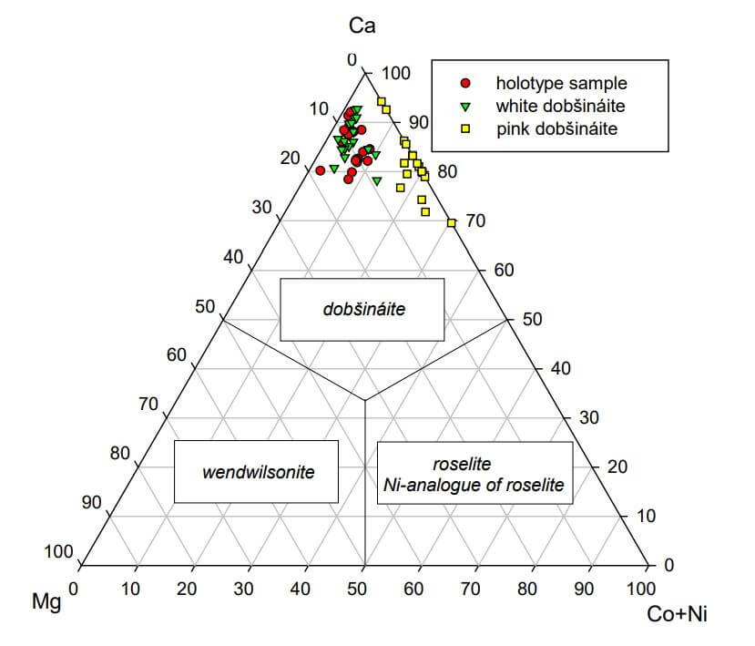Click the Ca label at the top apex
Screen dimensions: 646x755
[x=362, y=26]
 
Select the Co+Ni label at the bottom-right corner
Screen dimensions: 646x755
[x=677, y=613]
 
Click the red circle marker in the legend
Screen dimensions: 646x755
[x=465, y=83]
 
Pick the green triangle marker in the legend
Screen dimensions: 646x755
[x=465, y=106]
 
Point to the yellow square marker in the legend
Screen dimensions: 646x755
[x=465, y=129]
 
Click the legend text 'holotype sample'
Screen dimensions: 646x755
[x=561, y=83]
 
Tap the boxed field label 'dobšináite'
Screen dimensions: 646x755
[x=363, y=309]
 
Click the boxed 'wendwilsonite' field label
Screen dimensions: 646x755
[x=258, y=472]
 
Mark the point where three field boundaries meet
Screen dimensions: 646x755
[x=364, y=400]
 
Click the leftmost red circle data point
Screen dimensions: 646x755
[x=320, y=170]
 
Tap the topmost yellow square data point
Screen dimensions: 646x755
[x=382, y=101]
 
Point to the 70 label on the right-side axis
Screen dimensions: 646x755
[x=476, y=220]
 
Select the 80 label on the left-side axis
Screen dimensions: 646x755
[x=120, y=453]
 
